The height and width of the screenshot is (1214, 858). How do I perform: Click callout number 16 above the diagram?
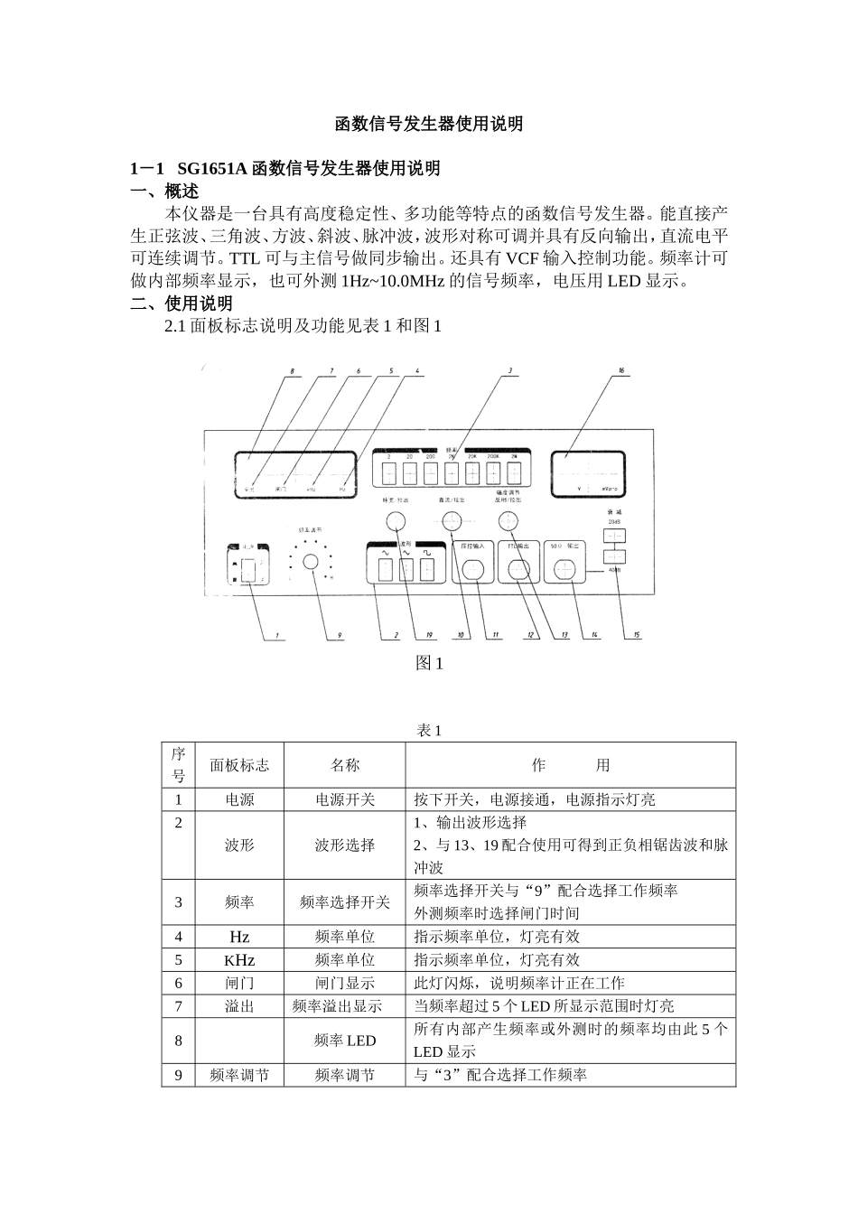[620, 370]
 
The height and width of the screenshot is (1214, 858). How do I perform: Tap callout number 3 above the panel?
[511, 370]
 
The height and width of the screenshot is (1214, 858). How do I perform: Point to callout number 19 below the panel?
[429, 635]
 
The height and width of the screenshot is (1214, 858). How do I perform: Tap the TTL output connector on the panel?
[518, 569]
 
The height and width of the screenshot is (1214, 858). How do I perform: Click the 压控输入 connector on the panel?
[473, 569]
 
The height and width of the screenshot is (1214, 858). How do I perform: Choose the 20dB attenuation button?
[614, 537]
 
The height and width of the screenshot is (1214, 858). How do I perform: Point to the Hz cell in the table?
[239, 937]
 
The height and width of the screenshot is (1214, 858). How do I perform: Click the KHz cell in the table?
[239, 960]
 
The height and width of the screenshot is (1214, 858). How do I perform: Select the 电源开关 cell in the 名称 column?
[344, 799]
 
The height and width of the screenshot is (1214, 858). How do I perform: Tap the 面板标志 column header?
[239, 765]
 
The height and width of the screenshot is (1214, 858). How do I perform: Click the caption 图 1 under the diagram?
[429, 663]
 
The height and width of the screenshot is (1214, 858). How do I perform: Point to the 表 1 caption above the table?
[429, 730]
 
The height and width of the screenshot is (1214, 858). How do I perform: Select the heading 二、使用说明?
[182, 303]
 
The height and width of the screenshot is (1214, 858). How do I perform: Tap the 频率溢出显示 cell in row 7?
[344, 1005]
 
